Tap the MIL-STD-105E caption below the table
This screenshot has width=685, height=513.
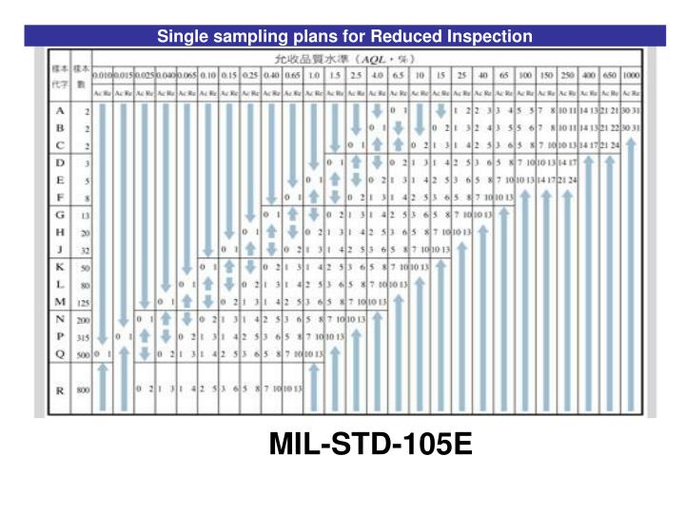[370, 444]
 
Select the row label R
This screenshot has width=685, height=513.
[61, 389]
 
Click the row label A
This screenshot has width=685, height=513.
[61, 110]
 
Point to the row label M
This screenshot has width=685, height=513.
[61, 302]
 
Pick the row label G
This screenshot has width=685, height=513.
[61, 215]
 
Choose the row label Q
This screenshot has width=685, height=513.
[61, 354]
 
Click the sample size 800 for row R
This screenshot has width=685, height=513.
[83, 389]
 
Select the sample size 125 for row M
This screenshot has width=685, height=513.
[83, 303]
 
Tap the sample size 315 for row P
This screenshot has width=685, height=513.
[83, 337]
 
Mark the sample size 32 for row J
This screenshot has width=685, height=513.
[85, 251]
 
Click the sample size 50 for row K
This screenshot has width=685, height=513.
[85, 268]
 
